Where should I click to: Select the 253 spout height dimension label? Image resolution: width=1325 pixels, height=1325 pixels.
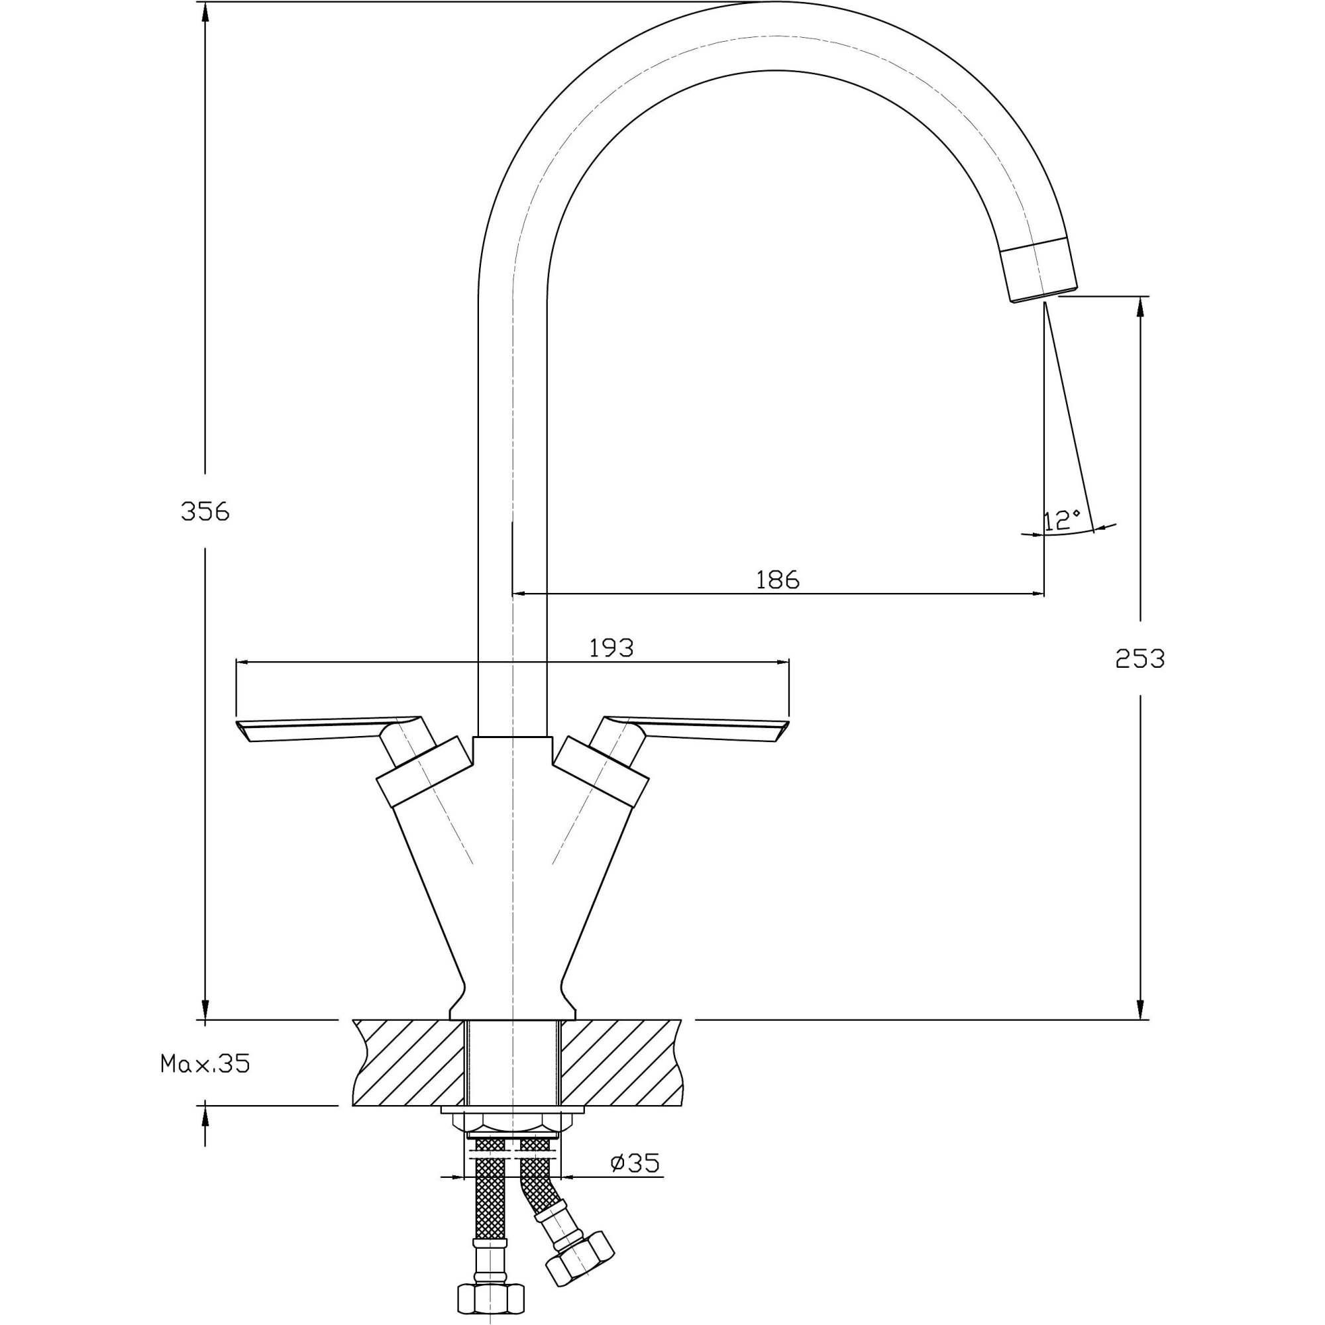(1139, 659)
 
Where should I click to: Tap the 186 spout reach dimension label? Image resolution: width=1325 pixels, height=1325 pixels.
(778, 580)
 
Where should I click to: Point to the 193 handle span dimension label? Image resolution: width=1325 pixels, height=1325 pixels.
(611, 647)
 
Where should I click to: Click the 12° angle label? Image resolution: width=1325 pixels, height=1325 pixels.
(1061, 521)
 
